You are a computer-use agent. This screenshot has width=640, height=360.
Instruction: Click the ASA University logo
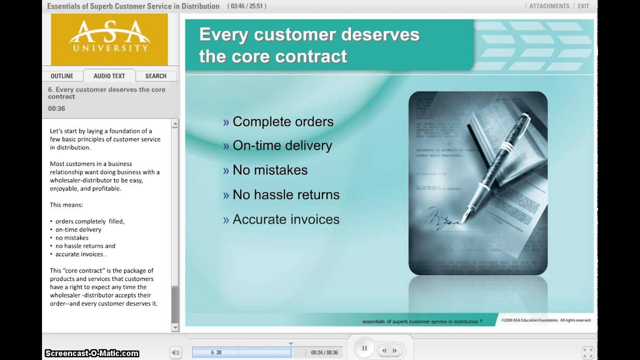(109, 39)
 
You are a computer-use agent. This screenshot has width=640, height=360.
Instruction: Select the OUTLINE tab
(62, 76)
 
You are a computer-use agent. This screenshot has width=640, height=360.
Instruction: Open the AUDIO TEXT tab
(109, 76)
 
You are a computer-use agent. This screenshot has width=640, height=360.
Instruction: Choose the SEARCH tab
(155, 76)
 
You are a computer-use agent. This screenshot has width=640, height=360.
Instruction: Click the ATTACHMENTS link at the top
(549, 6)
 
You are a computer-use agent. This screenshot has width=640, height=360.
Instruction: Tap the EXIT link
(583, 6)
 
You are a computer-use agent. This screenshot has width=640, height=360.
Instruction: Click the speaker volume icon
(175, 352)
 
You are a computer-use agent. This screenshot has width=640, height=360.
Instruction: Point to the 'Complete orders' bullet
(282, 121)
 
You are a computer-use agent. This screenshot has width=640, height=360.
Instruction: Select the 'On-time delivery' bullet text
(282, 145)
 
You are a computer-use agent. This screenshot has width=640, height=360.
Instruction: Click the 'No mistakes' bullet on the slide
(270, 170)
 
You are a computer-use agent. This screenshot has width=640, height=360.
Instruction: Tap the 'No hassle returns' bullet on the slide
(285, 194)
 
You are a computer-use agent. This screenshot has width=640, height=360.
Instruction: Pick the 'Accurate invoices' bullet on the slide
(285, 219)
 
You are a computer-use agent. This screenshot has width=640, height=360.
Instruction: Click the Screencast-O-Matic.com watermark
(91, 353)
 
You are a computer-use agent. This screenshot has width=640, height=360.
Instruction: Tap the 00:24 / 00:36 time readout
(324, 352)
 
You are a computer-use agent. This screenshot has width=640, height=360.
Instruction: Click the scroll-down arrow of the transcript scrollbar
(175, 327)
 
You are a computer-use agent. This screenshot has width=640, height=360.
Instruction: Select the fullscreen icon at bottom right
(588, 352)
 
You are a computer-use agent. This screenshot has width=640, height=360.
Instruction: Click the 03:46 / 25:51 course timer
(246, 6)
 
